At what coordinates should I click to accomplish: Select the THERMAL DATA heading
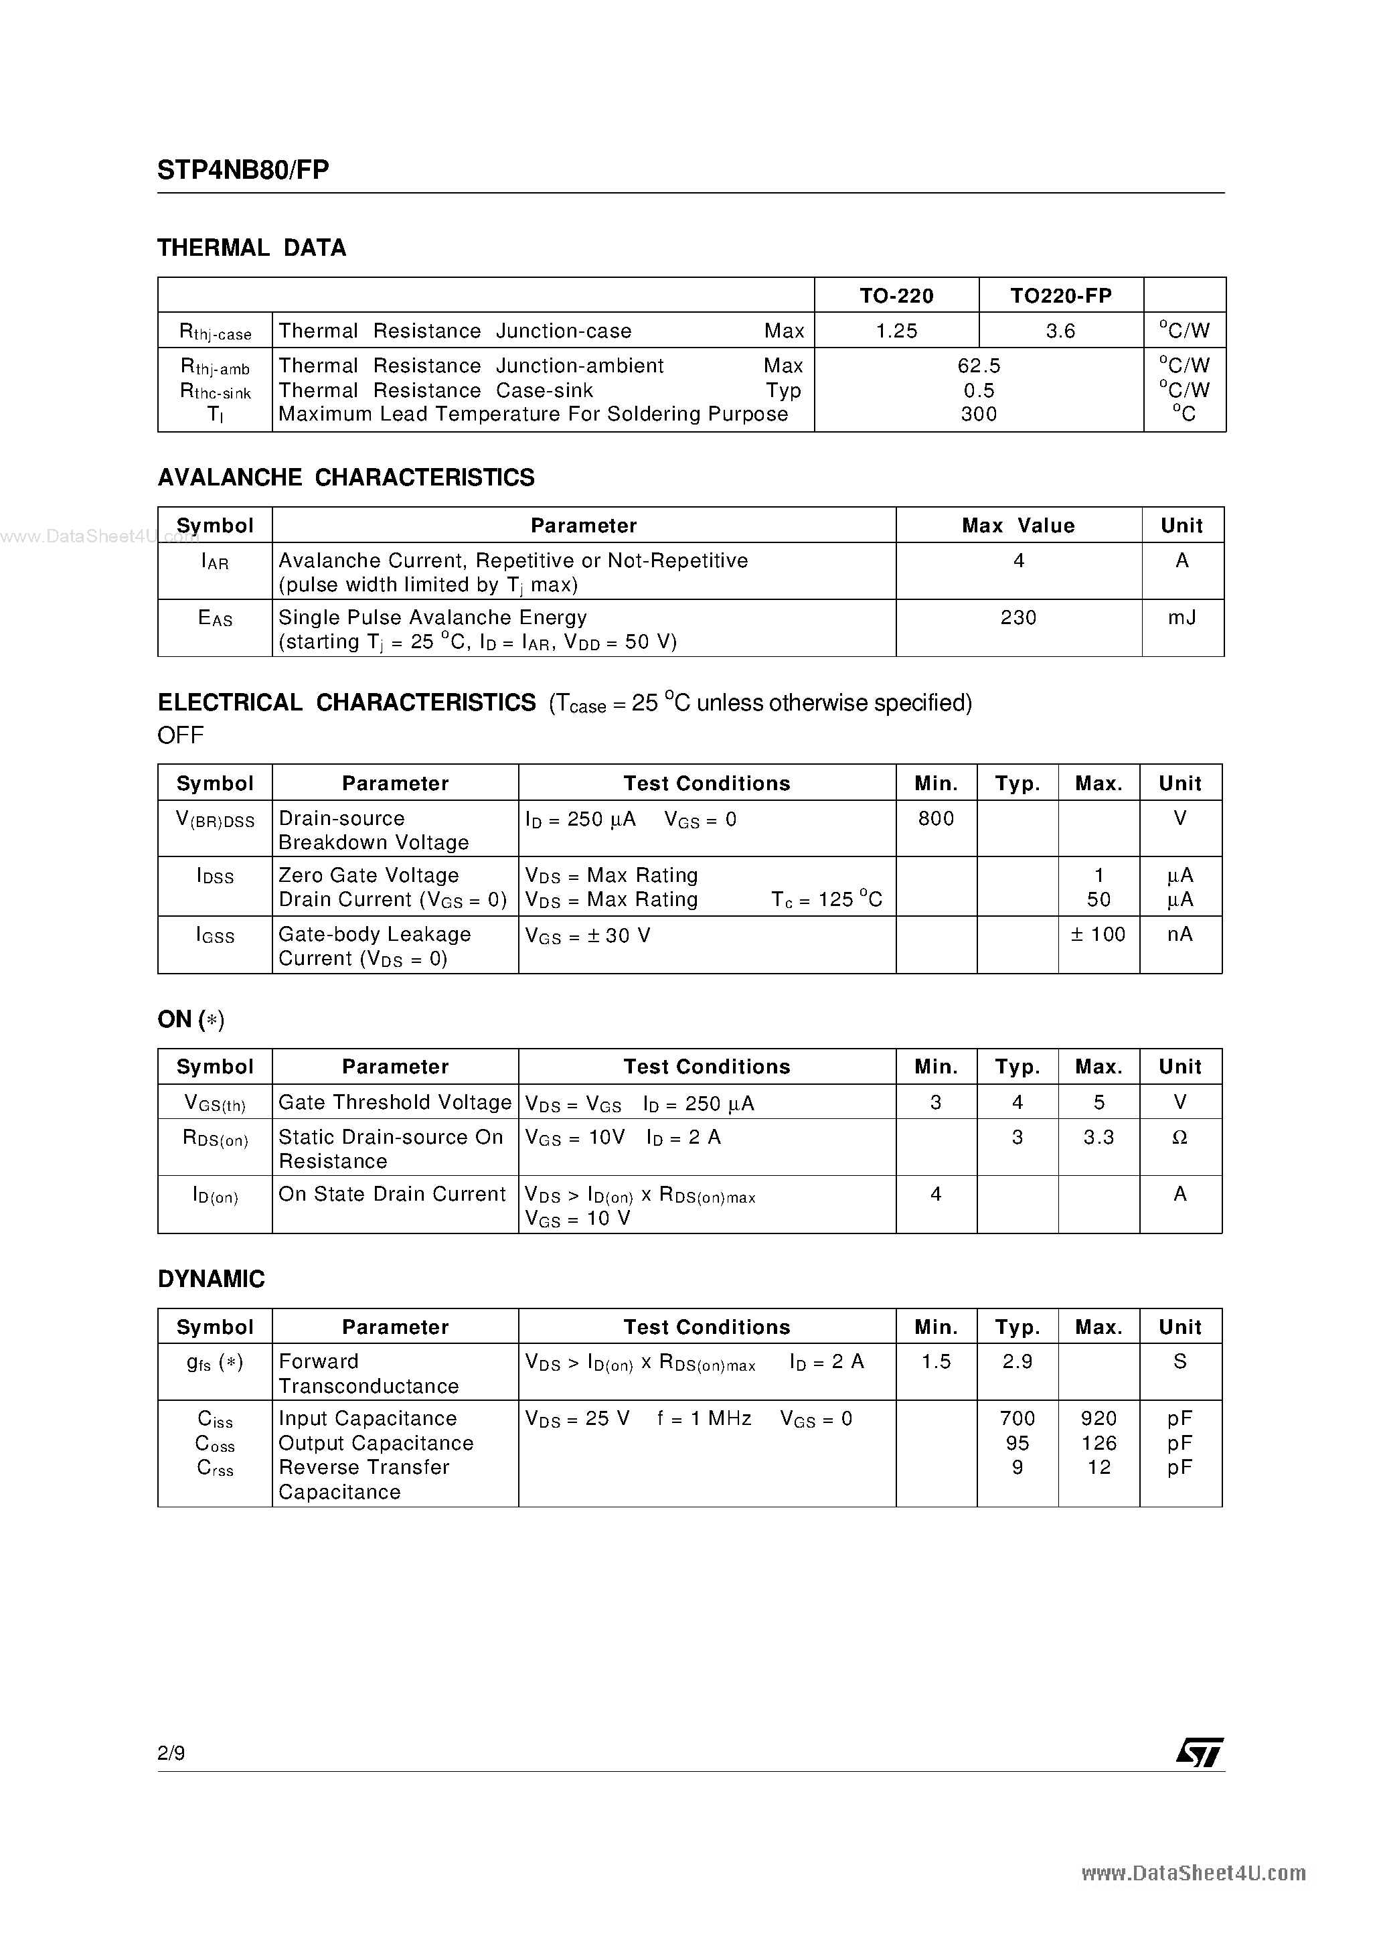click(252, 248)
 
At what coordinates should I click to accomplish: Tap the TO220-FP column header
click(1061, 296)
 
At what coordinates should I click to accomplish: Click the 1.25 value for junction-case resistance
click(896, 331)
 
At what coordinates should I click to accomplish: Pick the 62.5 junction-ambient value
click(978, 366)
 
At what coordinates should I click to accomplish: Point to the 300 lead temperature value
click(978, 415)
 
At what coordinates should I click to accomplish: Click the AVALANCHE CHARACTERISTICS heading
click(346, 477)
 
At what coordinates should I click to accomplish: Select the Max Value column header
click(1018, 525)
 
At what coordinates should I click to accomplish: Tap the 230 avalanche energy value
click(1018, 617)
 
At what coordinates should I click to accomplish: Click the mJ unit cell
click(1182, 617)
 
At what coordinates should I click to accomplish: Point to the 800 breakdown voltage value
click(935, 819)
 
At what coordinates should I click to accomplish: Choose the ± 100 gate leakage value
click(1099, 935)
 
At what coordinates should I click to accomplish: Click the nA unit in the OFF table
click(1180, 935)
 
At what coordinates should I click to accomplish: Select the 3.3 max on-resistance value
click(1099, 1138)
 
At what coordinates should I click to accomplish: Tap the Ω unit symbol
click(1180, 1138)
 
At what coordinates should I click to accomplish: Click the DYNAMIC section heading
click(212, 1279)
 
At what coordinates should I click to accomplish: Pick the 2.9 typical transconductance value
click(1018, 1362)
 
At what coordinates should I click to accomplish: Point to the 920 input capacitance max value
click(1099, 1419)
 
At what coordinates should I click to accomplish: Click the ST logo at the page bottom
click(1200, 1752)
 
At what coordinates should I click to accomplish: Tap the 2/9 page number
click(171, 1752)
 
